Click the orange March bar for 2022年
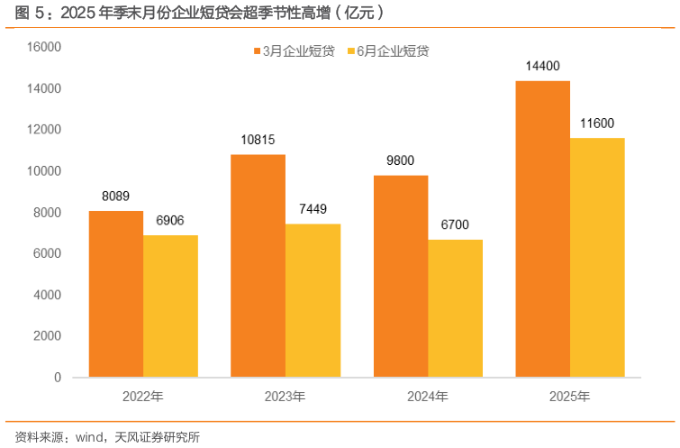click(115, 294)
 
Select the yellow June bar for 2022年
click(170, 306)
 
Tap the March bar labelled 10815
click(258, 266)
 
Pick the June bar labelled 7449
click(313, 300)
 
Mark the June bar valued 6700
click(455, 308)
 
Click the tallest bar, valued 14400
click(542, 229)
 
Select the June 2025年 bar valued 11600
click(597, 258)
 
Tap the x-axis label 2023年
click(285, 396)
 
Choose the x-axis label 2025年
click(569, 396)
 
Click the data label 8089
click(115, 196)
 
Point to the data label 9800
click(400, 160)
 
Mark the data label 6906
click(170, 221)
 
